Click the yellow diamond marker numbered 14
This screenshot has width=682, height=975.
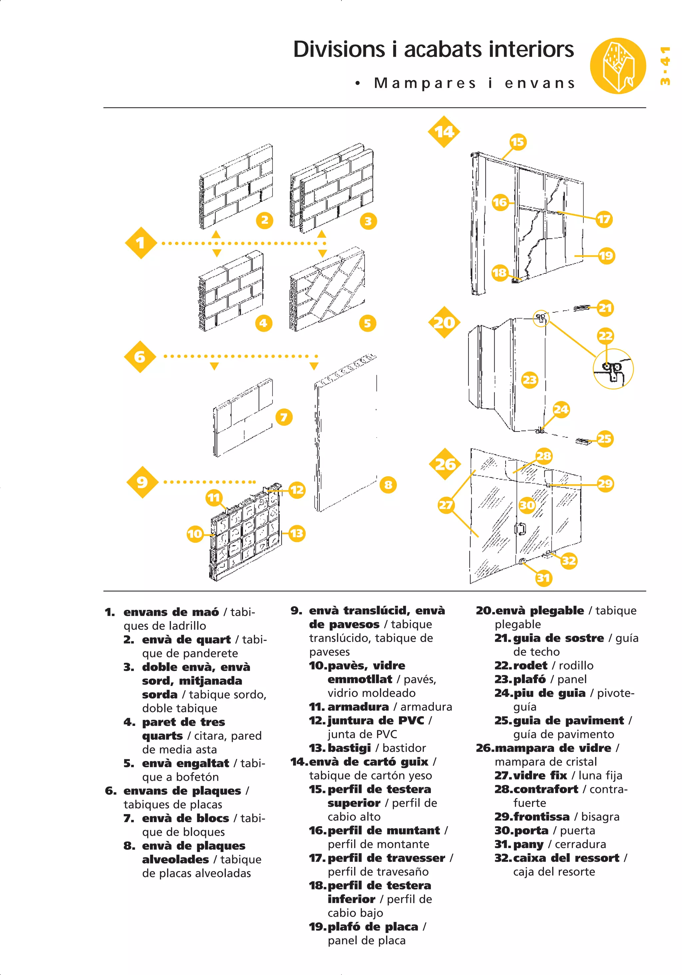[444, 132]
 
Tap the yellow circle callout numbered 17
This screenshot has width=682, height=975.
[603, 219]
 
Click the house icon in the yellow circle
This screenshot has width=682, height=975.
[617, 66]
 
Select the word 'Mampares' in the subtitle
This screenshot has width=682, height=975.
[425, 83]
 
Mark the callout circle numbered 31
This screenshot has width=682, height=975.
[543, 577]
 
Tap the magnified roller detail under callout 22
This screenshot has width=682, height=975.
[613, 369]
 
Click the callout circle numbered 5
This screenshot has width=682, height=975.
[367, 323]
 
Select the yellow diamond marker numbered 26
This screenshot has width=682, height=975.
[445, 464]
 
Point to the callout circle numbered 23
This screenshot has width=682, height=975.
[529, 380]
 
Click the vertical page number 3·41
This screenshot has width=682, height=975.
[665, 66]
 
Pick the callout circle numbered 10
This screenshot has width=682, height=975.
[195, 533]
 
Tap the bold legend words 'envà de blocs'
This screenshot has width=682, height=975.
[185, 818]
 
